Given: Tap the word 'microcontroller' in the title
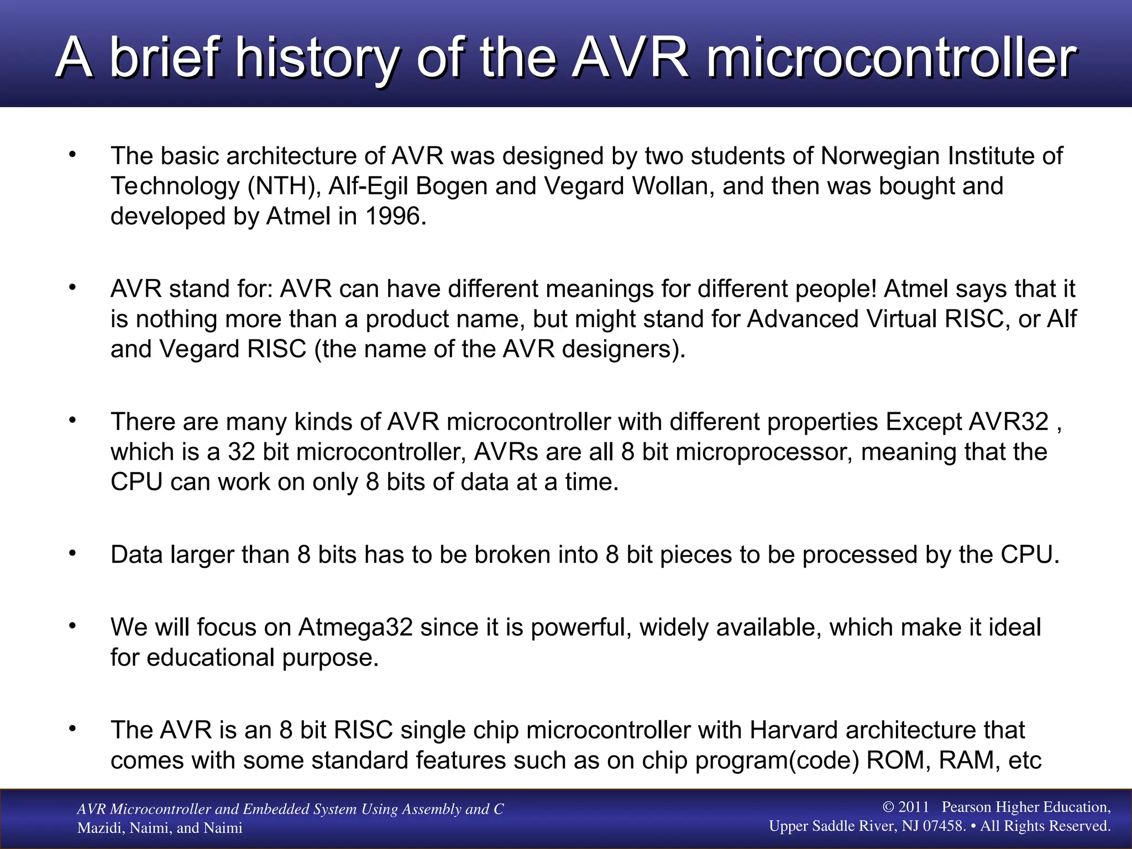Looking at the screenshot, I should tap(891, 57).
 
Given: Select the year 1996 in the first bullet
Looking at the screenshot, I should tap(392, 216).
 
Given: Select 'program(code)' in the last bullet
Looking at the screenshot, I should tap(777, 761).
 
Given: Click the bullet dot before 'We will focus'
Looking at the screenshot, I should tap(72, 626).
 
